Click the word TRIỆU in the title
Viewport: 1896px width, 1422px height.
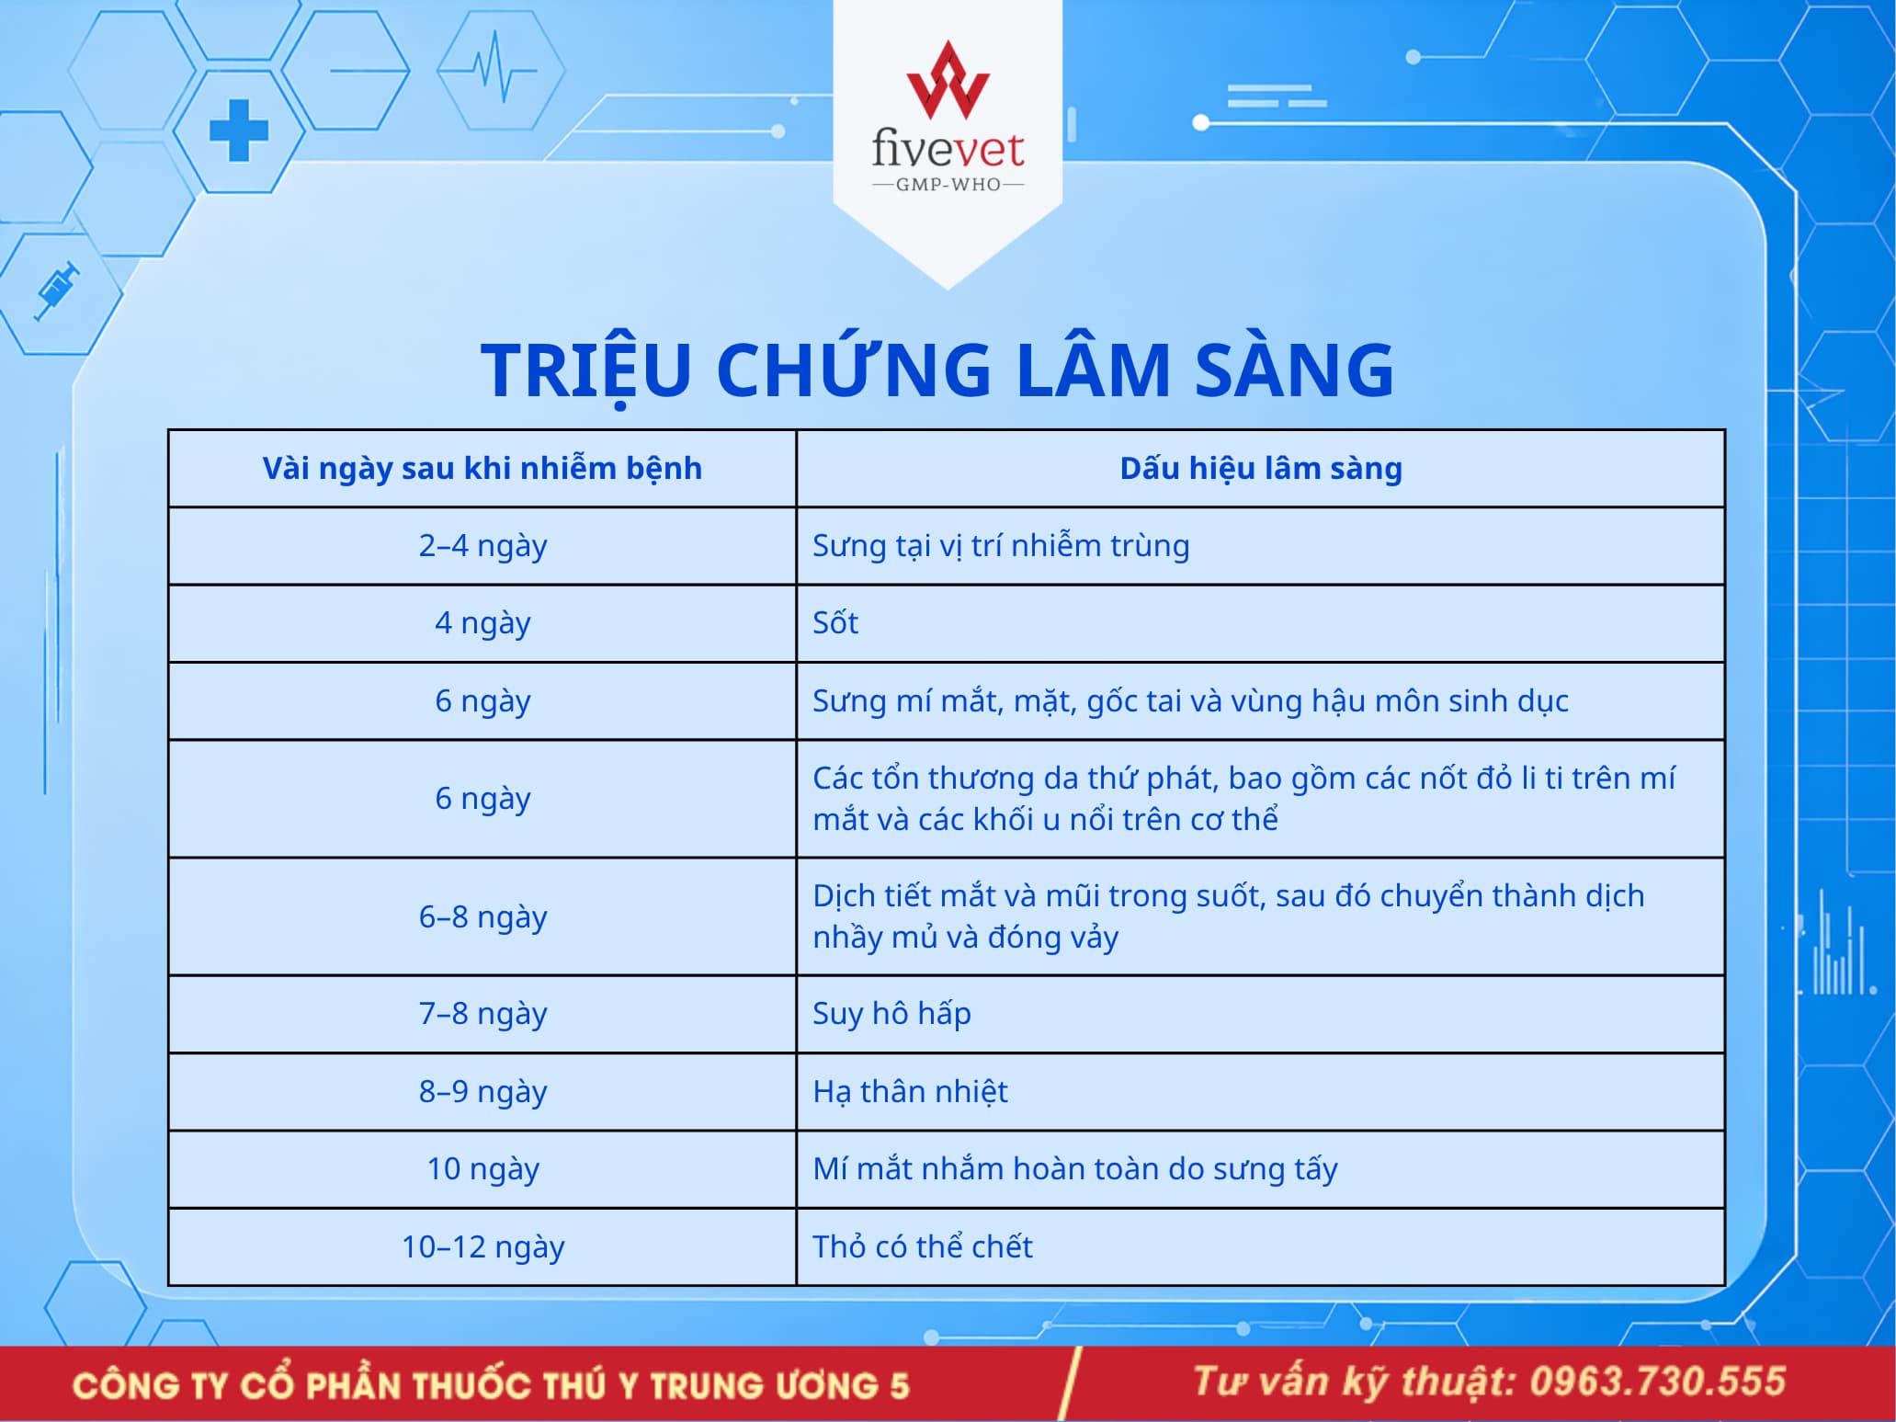tap(585, 370)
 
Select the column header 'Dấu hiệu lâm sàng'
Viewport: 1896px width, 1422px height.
tap(1261, 469)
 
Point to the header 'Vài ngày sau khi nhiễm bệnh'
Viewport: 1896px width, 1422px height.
tap(483, 469)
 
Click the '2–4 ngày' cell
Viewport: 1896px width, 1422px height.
tap(483, 546)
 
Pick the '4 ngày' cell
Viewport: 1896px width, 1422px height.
tap(483, 623)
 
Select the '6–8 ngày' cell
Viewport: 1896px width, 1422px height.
tap(483, 917)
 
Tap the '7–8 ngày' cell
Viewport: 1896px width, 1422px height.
tap(483, 1014)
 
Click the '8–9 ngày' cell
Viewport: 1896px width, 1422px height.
tap(483, 1092)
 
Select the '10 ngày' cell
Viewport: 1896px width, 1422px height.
tap(483, 1169)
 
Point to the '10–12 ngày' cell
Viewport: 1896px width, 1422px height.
tap(483, 1247)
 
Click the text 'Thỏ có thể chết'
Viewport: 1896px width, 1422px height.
tap(923, 1246)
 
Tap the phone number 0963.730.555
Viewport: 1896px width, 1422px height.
tap(1657, 1382)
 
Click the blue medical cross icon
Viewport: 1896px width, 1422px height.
tap(239, 131)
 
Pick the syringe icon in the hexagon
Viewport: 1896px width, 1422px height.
tap(57, 291)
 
